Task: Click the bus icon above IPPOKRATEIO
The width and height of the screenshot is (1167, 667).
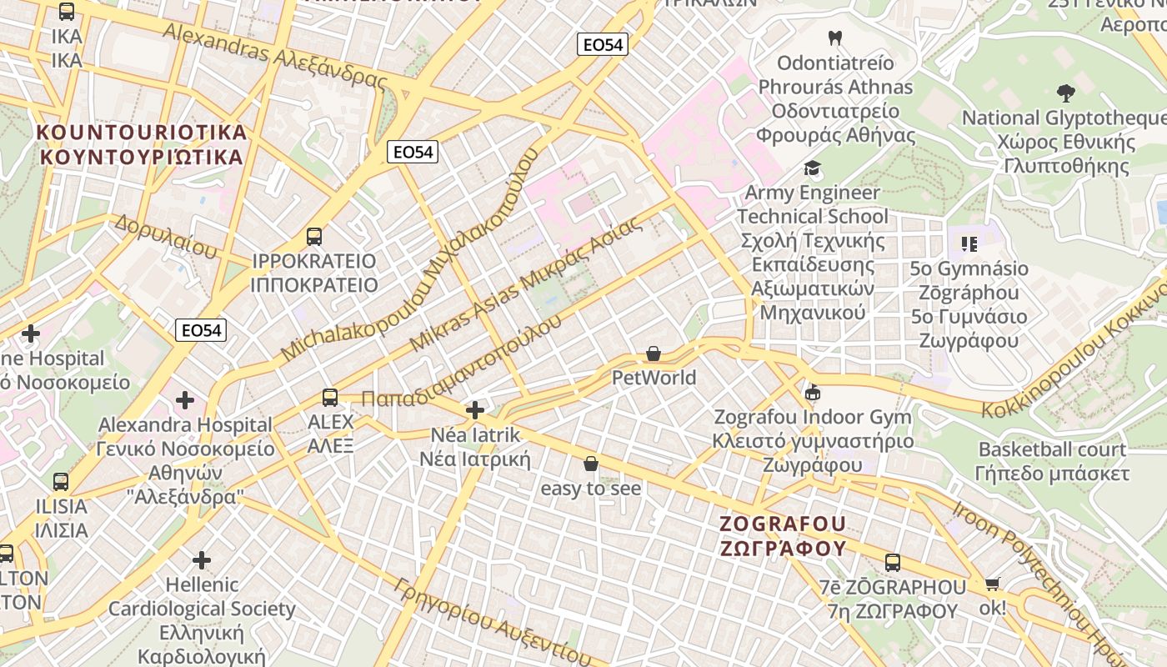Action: click(314, 237)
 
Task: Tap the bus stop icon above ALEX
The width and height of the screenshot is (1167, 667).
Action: click(330, 398)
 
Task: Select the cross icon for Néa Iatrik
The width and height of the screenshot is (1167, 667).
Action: click(475, 410)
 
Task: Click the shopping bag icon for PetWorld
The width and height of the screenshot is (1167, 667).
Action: click(654, 354)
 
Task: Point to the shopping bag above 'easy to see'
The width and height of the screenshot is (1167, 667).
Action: click(591, 464)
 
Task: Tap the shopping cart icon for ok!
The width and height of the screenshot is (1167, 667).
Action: click(992, 584)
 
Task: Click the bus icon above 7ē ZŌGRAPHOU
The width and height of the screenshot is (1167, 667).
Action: click(893, 563)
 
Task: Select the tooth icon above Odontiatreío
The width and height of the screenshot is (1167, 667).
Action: click(835, 38)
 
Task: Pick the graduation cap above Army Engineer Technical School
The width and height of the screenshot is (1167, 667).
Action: click(813, 168)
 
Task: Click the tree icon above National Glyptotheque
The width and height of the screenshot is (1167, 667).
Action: click(1065, 93)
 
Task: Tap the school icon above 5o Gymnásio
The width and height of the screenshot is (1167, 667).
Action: click(969, 244)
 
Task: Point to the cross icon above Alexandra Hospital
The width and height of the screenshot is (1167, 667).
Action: click(185, 400)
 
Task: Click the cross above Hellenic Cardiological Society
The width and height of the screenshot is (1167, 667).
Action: click(202, 559)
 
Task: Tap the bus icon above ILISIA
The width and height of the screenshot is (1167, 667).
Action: click(61, 482)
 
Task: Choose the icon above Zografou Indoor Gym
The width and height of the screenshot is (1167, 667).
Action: click(813, 393)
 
